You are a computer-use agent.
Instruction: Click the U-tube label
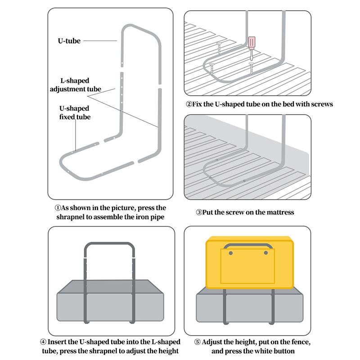[69, 41]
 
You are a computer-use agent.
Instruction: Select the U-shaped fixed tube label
[75, 112]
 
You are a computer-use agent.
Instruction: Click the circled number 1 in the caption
[58, 208]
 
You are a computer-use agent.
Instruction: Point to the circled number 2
[189, 104]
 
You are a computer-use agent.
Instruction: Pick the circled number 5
[198, 342]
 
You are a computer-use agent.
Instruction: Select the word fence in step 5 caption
[299, 342]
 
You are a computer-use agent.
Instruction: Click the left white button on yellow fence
[231, 253]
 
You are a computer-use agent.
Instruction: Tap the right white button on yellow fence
[266, 253]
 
